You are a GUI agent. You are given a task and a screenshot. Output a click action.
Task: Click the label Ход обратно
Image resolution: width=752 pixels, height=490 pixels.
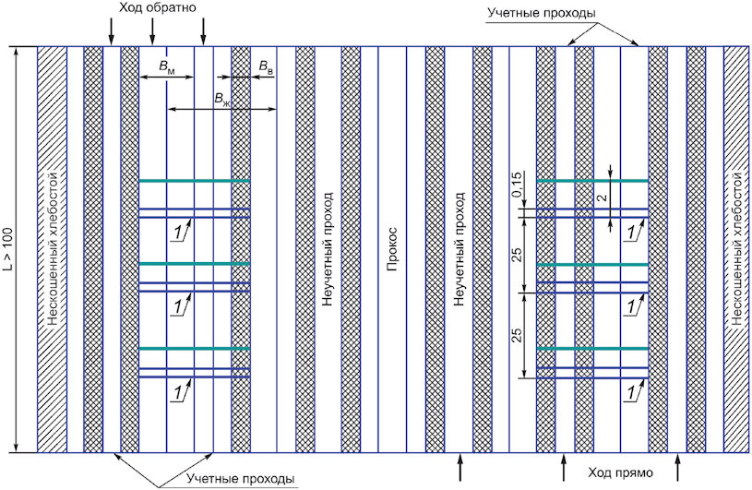coord(158,7)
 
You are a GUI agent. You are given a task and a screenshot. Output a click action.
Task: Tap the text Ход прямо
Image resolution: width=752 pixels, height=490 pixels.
coord(621,472)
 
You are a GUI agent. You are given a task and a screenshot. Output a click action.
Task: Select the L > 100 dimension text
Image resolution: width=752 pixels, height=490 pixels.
coord(9,250)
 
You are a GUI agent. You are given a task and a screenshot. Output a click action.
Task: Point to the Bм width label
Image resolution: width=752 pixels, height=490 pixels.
coord(167,66)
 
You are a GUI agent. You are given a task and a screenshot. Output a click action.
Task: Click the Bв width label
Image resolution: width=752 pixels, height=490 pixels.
coord(266,67)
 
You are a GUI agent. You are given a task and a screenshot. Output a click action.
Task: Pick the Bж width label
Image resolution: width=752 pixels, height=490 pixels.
coord(221,100)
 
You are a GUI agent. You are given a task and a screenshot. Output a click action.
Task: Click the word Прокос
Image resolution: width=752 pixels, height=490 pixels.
coord(392,249)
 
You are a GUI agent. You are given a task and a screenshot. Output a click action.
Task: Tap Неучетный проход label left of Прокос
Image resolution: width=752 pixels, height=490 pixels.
coord(327,249)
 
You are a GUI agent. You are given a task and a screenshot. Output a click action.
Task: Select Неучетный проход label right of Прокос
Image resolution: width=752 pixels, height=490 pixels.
coord(459,249)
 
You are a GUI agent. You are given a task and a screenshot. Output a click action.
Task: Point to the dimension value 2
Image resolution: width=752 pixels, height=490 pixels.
coord(603,197)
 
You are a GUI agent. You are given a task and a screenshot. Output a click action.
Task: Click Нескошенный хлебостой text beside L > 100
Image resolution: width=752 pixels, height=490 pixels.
coord(53,249)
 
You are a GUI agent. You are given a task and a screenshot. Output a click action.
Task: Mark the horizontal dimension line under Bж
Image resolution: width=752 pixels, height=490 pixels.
coord(222,109)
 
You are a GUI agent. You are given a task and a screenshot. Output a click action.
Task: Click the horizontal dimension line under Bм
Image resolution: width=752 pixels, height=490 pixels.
coord(166,77)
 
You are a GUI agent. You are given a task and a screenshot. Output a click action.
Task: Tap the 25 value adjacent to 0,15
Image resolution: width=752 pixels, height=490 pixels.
coord(517,255)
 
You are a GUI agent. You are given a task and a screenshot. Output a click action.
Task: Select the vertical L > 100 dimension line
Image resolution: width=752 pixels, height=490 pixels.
coord(17,249)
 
